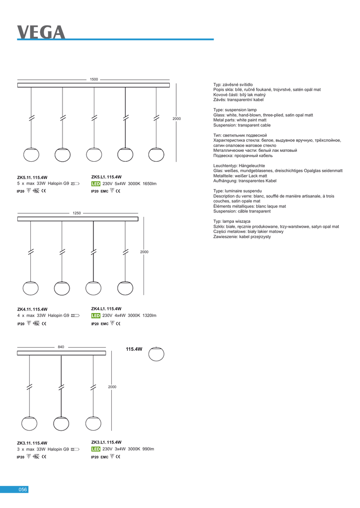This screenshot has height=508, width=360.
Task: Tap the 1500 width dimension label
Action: click(x=94, y=79)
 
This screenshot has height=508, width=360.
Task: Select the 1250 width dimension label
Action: click(x=76, y=213)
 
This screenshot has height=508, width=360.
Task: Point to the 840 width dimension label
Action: click(x=61, y=347)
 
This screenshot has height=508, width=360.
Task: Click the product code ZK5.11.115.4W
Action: click(x=32, y=177)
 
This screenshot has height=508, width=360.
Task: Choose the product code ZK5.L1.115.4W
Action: click(x=107, y=177)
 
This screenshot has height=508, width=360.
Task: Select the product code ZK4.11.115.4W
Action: click(x=32, y=309)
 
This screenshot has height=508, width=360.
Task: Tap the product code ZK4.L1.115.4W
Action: click(x=107, y=309)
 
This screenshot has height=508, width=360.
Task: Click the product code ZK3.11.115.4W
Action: click(x=32, y=443)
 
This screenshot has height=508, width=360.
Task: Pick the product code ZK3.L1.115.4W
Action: click(x=107, y=442)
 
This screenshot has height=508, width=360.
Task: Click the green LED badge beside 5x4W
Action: click(x=96, y=184)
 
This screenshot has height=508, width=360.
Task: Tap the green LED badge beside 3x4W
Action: click(x=96, y=449)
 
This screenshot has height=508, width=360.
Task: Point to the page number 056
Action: click(x=22, y=490)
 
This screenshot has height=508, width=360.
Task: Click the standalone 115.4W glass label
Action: click(x=134, y=349)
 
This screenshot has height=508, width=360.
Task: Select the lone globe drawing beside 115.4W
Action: click(x=156, y=355)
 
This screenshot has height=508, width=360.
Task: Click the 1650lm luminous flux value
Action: click(x=149, y=184)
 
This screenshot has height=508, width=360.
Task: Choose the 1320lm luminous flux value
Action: click(x=149, y=316)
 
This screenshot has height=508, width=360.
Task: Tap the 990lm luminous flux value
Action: click(x=148, y=449)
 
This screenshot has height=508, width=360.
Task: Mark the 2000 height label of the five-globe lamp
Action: click(x=177, y=119)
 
